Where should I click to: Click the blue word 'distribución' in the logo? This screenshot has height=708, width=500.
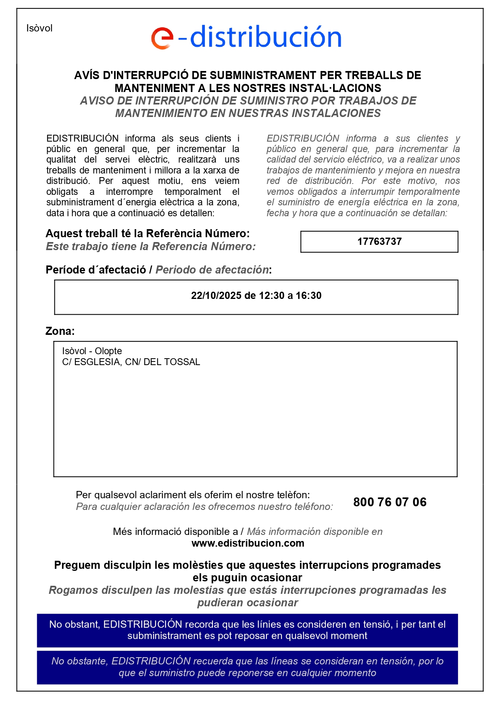click(266, 37)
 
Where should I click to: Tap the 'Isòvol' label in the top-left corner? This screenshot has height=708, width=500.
click(40, 28)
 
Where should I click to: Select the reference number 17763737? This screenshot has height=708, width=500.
click(379, 242)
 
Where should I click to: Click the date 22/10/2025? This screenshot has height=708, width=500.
click(216, 296)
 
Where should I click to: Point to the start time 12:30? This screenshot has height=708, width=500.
click(272, 296)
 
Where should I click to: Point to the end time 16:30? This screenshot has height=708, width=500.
click(309, 296)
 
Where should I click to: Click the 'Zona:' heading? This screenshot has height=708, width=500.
click(60, 331)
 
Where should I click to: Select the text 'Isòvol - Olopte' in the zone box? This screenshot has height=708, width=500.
click(92, 351)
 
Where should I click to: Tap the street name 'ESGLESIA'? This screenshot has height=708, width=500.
click(97, 362)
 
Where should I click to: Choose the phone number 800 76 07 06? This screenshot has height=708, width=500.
click(390, 502)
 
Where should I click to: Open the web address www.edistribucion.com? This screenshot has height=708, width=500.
click(248, 543)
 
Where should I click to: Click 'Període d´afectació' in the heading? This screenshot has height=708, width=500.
click(96, 270)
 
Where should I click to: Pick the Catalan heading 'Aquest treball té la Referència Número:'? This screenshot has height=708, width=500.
click(148, 234)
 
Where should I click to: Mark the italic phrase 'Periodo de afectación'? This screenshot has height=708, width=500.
click(212, 270)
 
